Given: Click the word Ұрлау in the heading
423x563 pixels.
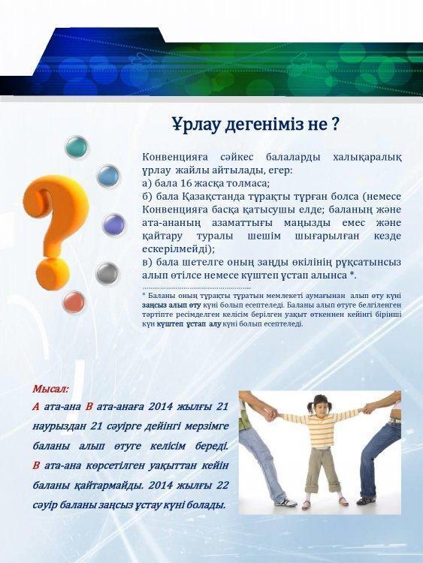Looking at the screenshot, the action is click(x=196, y=125).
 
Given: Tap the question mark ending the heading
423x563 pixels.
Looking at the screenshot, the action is click(x=334, y=124).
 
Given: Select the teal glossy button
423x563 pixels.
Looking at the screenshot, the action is click(x=77, y=147).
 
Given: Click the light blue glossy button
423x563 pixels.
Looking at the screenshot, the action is click(x=108, y=176).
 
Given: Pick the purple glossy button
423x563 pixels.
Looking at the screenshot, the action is click(x=113, y=224).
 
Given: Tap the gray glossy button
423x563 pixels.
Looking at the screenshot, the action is click(x=107, y=273).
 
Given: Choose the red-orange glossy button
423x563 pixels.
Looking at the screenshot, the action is click(x=74, y=302).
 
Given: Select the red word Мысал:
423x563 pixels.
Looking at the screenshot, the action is click(x=50, y=389).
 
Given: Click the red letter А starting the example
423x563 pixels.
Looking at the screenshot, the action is click(x=36, y=407).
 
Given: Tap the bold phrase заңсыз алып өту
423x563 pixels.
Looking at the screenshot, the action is click(x=171, y=305).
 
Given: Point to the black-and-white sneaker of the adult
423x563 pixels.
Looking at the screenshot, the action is click(x=286, y=501).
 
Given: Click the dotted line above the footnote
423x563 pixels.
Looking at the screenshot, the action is click(x=196, y=288).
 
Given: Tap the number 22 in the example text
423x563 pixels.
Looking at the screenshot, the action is click(x=222, y=485).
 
